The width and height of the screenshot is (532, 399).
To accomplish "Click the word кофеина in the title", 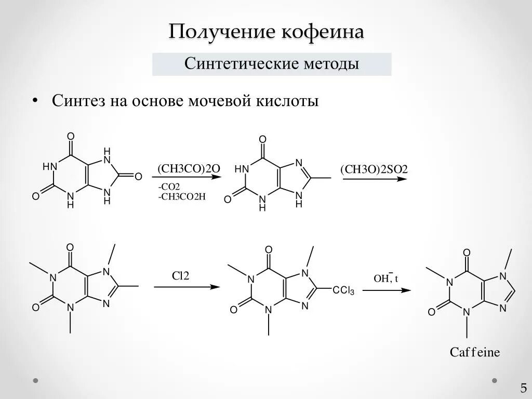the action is pyautogui.click(x=323, y=32).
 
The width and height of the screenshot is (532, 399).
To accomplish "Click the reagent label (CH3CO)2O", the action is pyautogui.click(x=189, y=169).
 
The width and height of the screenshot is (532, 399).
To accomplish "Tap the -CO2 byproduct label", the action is pyautogui.click(x=167, y=187).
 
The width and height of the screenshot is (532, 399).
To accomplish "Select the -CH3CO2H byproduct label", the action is pyautogui.click(x=179, y=196).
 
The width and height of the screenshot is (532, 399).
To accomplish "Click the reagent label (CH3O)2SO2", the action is pyautogui.click(x=374, y=170).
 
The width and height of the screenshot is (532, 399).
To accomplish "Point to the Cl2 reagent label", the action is pyautogui.click(x=181, y=275).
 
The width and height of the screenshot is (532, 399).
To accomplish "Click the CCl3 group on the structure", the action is pyautogui.click(x=343, y=291).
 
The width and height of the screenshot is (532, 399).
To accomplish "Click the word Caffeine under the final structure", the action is pyautogui.click(x=474, y=352).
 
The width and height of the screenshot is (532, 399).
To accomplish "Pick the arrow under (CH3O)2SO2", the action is pyautogui.click(x=374, y=179).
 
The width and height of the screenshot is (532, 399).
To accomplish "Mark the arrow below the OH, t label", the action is pyautogui.click(x=386, y=290).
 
